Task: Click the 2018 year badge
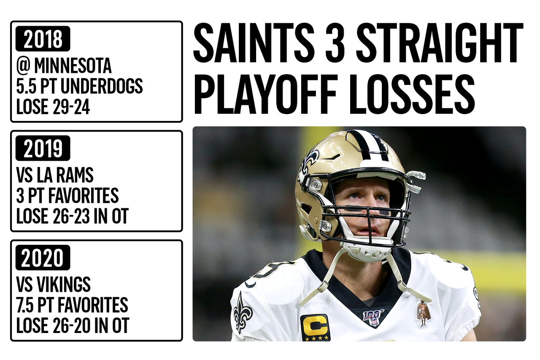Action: [43, 39]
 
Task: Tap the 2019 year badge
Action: [43, 148]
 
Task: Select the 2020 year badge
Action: [43, 258]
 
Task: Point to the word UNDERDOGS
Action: [102, 86]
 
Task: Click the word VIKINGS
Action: [63, 285]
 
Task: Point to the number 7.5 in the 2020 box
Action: [25, 305]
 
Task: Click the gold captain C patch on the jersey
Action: [316, 328]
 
